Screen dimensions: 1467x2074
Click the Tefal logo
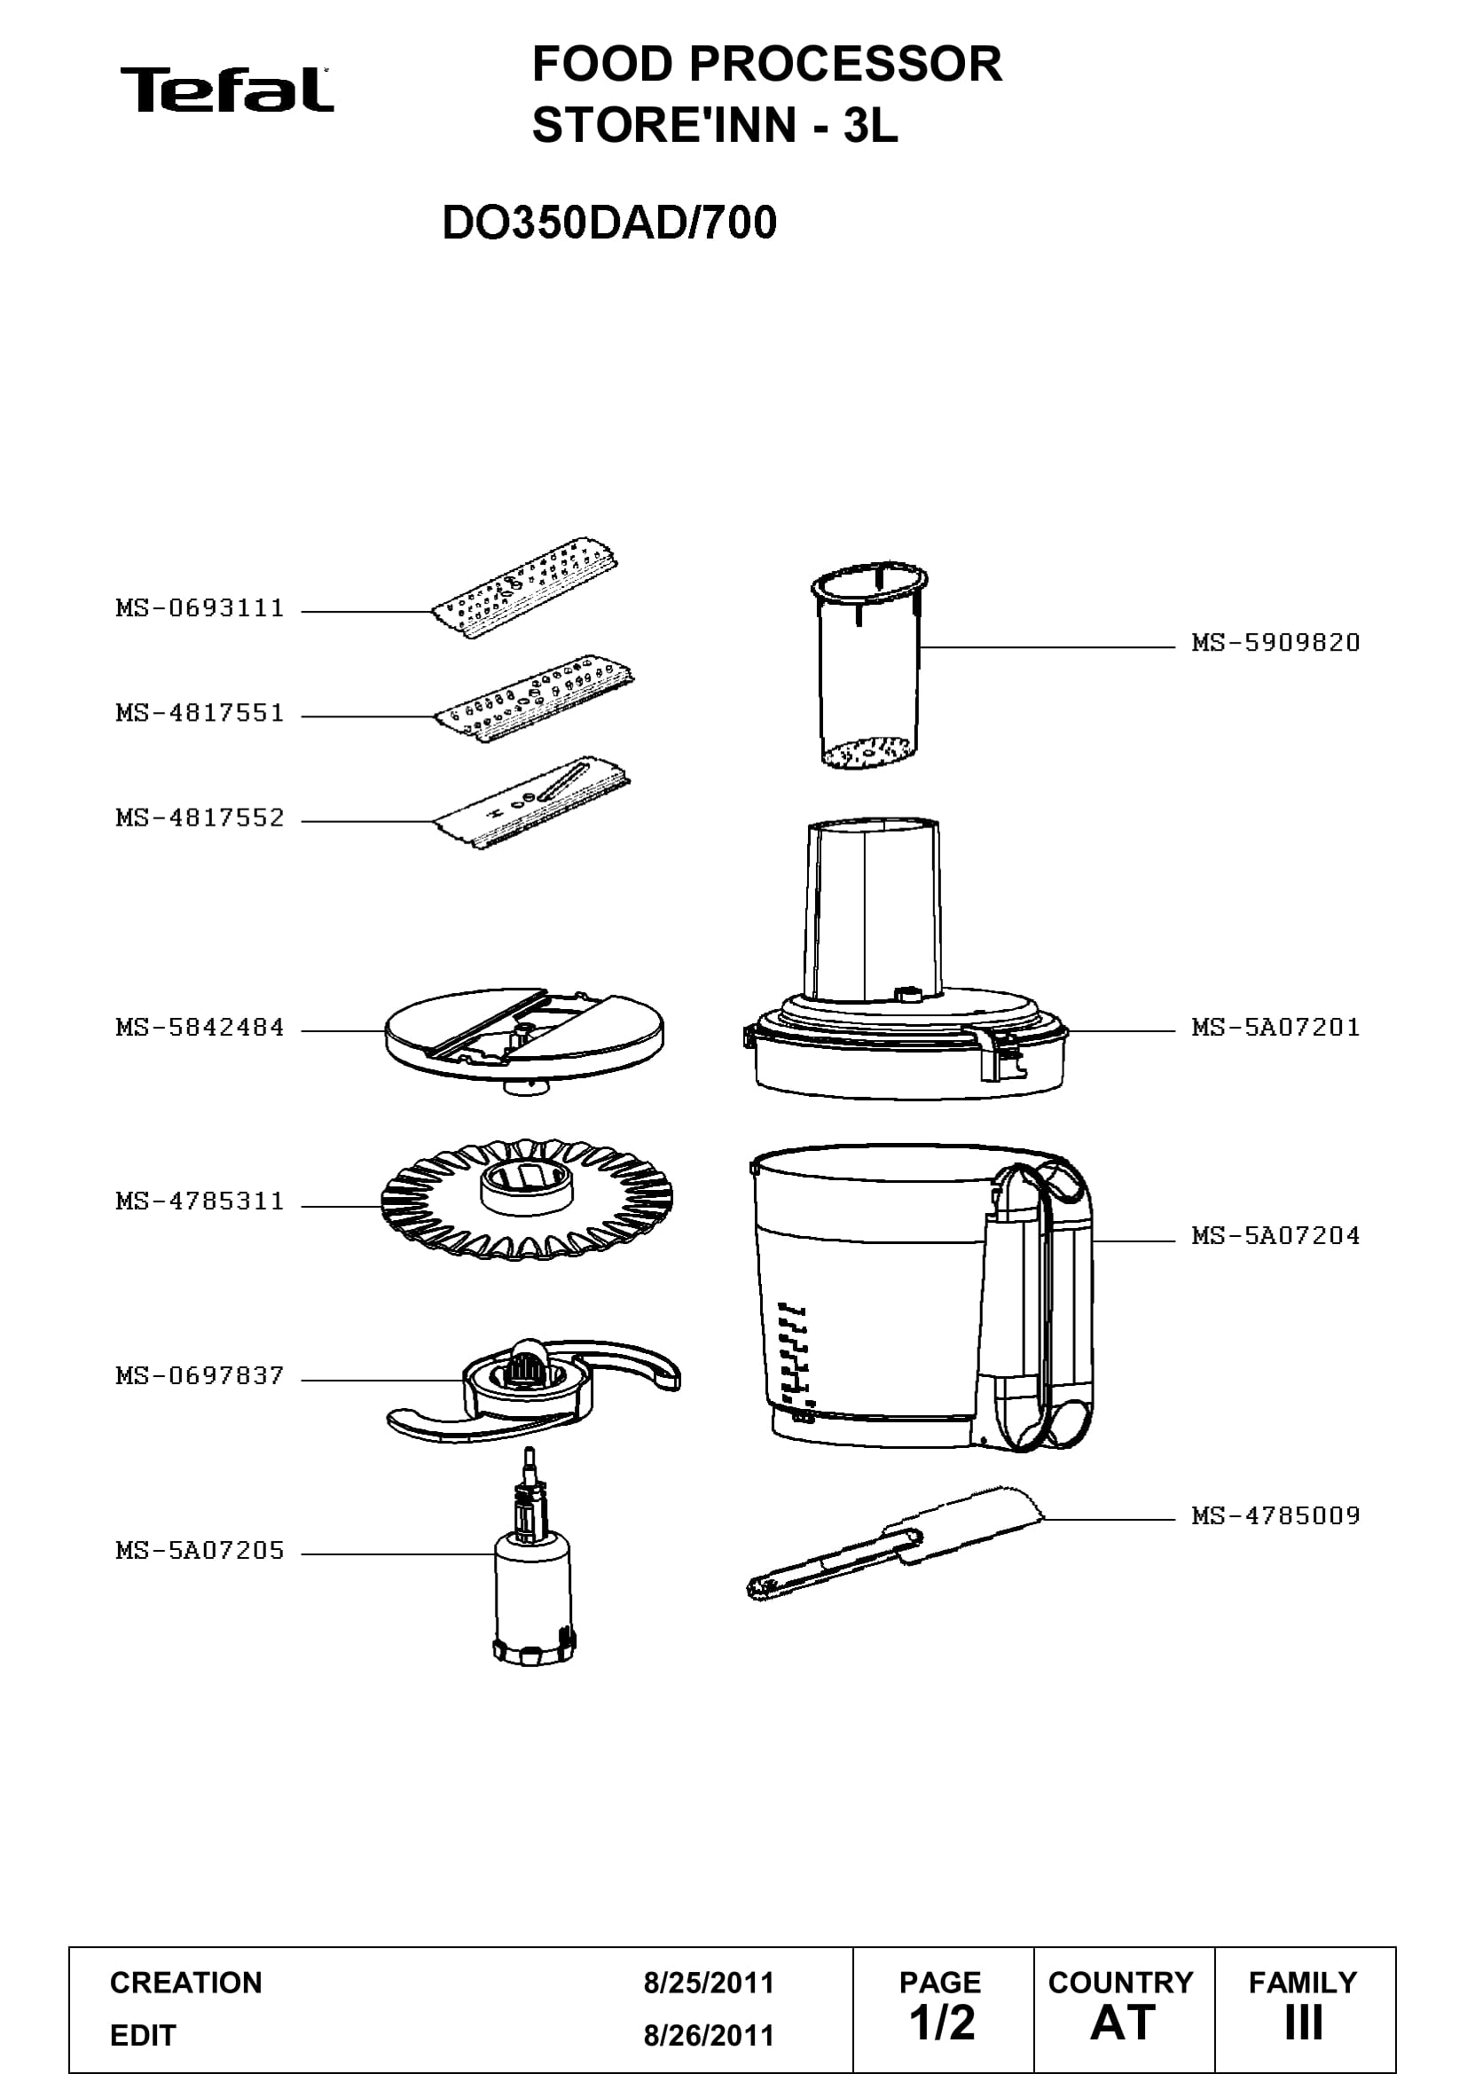[227, 90]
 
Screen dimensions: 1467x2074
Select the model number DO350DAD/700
[608, 223]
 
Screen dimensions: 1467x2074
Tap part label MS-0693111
[200, 608]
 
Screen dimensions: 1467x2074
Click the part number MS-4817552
[200, 818]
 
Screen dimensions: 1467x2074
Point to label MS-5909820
[1275, 642]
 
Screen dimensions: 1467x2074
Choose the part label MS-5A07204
[1275, 1235]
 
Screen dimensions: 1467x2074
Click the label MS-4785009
[1275, 1514]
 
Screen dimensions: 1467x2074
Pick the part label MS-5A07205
[200, 1551]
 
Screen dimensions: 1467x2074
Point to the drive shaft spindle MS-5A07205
[533, 1572]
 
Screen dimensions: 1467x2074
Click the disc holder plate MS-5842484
[524, 1039]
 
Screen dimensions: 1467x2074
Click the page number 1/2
[942, 2023]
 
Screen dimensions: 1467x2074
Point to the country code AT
[1123, 2023]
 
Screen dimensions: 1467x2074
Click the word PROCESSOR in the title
[847, 64]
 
